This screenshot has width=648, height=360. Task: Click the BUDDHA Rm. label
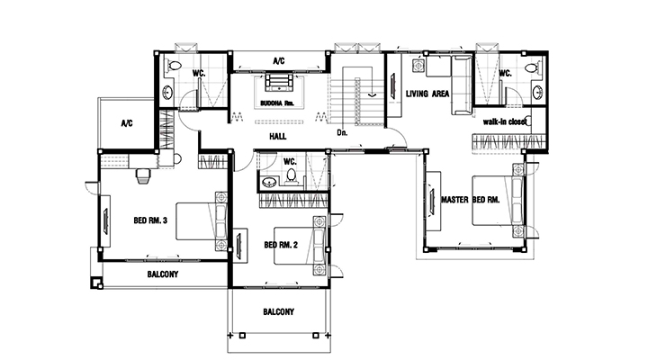277,103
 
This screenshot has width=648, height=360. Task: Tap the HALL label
278,137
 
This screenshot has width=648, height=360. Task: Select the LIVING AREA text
427,94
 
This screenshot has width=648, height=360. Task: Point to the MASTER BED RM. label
471,200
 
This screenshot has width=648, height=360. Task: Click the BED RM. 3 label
150,220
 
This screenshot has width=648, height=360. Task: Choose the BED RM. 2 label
281,245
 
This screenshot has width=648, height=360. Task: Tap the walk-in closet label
505,121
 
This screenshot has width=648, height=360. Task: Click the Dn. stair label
342,132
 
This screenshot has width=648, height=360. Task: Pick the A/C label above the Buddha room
279,61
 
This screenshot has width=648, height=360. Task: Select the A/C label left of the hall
127,123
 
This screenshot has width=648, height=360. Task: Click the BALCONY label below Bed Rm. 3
163,274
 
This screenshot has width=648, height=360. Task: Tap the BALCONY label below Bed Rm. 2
278,311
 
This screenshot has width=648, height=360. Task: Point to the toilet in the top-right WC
533,67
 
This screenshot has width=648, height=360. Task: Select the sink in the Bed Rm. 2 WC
270,182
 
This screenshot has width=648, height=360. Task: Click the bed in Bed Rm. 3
202,221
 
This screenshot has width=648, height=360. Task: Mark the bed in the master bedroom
498,201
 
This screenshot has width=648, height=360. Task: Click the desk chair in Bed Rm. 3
142,175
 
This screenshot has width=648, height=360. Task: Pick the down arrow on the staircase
373,95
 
